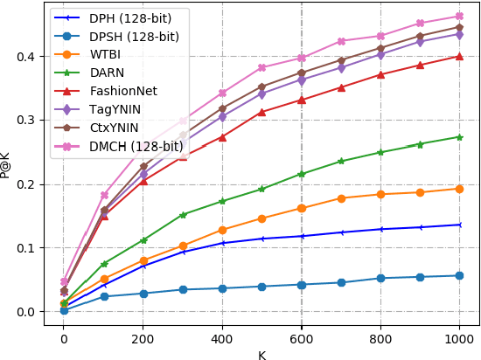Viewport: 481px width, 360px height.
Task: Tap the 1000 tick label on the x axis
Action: [x=460, y=339]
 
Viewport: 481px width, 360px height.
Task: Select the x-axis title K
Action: [x=261, y=355]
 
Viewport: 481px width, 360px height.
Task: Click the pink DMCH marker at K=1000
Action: [x=460, y=17]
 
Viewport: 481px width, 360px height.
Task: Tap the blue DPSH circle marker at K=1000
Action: [x=460, y=275]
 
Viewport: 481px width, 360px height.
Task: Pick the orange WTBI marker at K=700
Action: [x=341, y=198]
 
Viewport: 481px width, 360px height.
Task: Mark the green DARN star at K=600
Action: [x=302, y=174]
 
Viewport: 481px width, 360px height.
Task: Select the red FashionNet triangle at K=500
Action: [x=261, y=112]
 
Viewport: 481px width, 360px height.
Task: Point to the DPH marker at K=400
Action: [x=222, y=243]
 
